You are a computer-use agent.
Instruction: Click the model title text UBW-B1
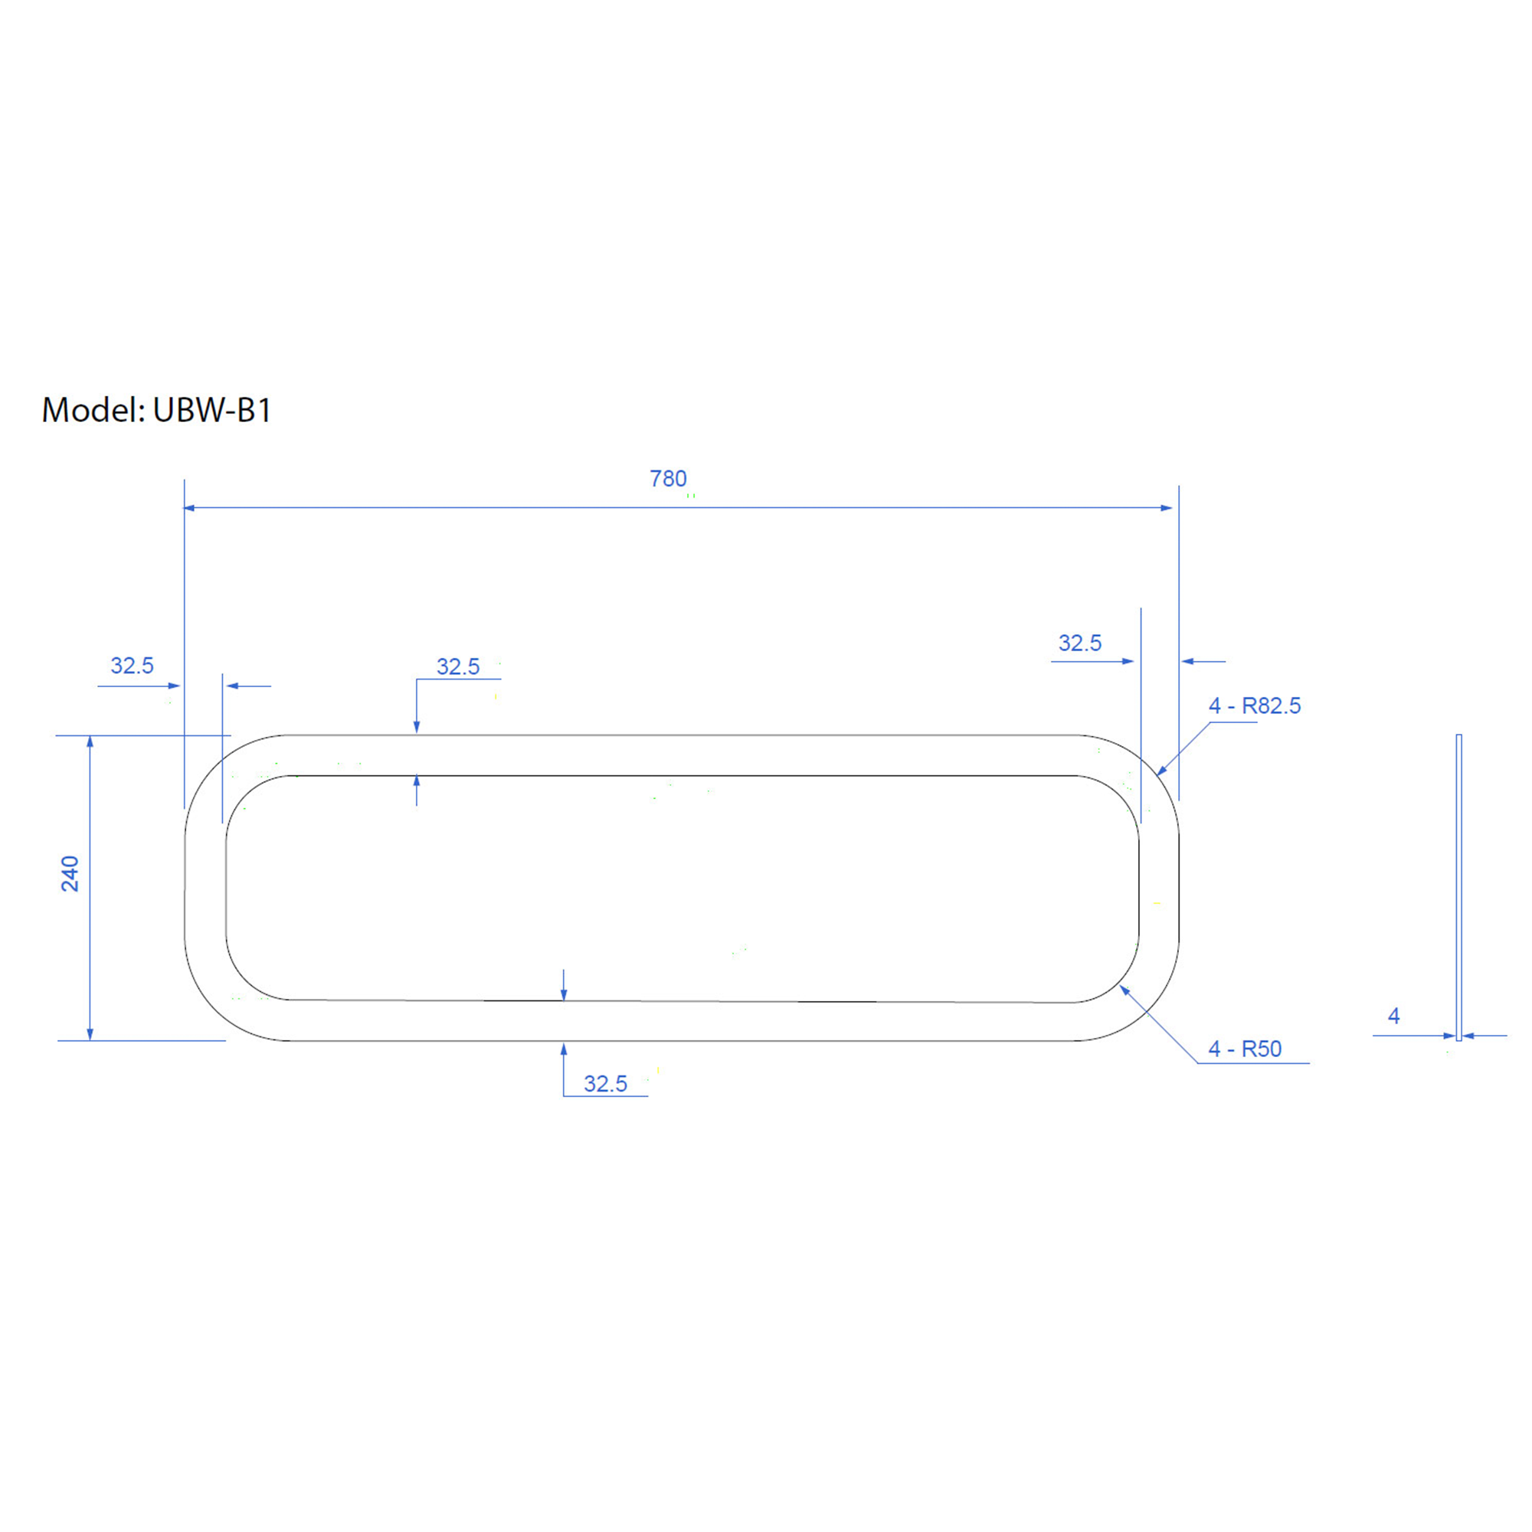212,410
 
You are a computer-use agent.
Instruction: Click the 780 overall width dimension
668,479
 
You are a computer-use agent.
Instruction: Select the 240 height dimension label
70,874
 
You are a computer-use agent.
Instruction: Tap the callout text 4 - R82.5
1255,705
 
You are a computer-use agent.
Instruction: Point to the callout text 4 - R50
1245,1049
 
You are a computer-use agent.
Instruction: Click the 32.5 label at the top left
132,666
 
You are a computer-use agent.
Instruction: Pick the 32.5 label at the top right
1080,643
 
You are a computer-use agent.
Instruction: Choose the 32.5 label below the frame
605,1084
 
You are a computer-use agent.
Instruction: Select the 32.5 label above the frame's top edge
457,667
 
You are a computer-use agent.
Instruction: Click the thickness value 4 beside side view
1394,1016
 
